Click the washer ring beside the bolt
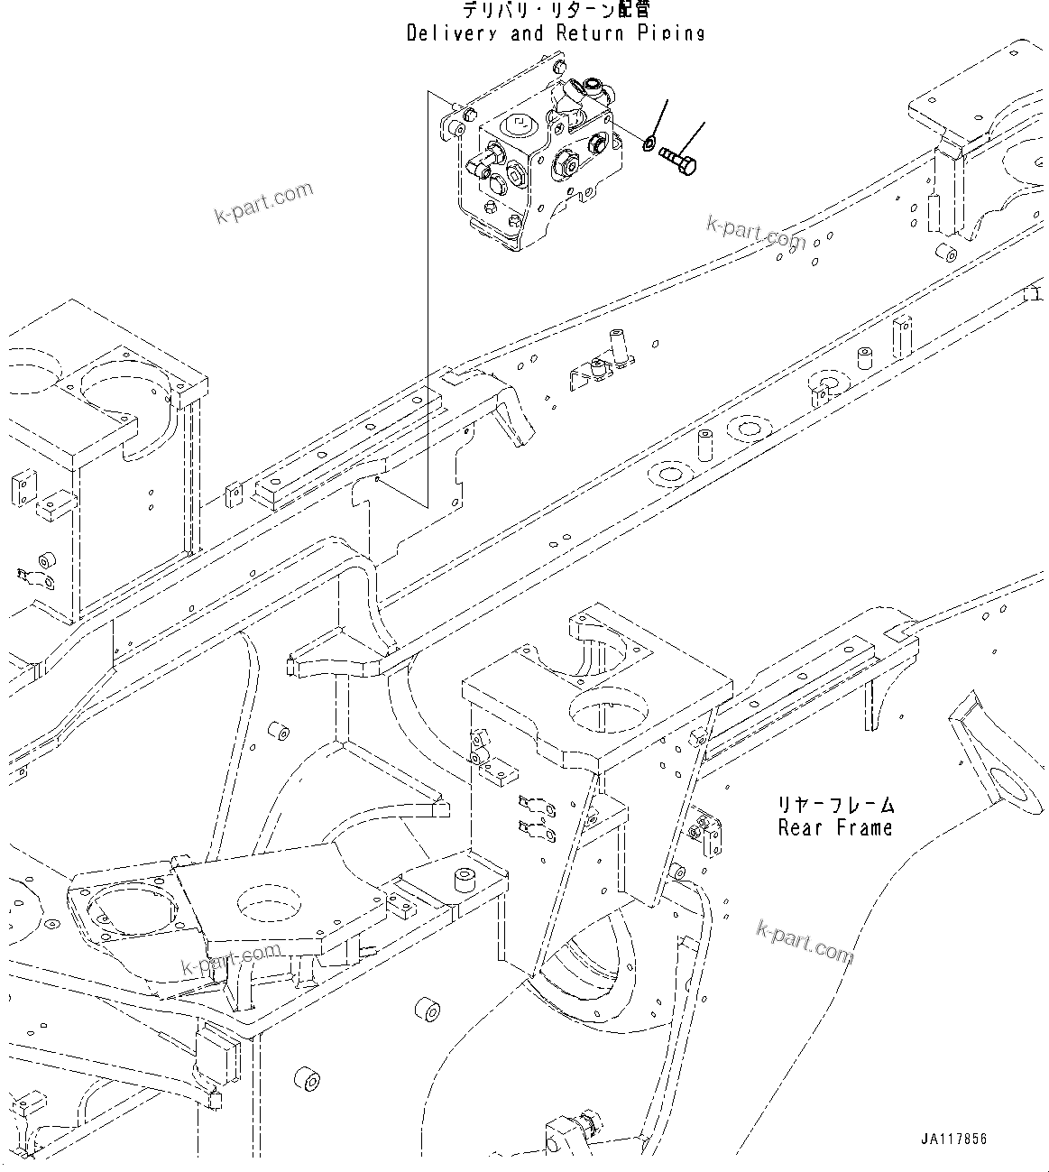(649, 143)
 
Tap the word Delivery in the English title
(448, 33)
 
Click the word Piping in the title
(676, 33)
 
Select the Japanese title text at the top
(556, 11)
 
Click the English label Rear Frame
(835, 827)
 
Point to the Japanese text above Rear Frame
(836, 803)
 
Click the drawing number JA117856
(953, 1139)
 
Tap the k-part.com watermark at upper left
(263, 203)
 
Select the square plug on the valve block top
(520, 124)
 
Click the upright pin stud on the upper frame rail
(619, 346)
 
